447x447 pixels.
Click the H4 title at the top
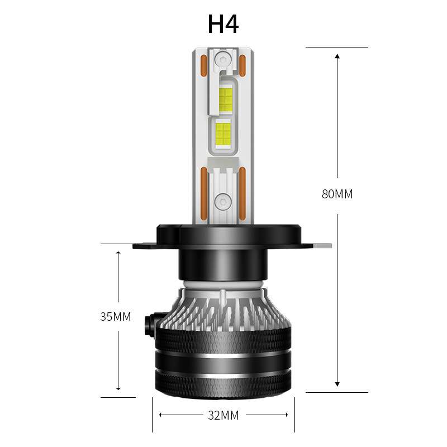[223, 24]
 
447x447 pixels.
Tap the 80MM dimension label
[337, 194]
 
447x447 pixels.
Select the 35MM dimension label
[116, 317]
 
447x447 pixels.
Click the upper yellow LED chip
[226, 100]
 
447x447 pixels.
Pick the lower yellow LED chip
[222, 134]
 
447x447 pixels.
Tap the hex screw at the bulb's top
[223, 59]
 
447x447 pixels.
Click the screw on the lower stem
[223, 199]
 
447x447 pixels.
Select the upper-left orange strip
[203, 66]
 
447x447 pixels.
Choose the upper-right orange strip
[243, 65]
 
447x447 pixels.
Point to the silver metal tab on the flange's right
[324, 245]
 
